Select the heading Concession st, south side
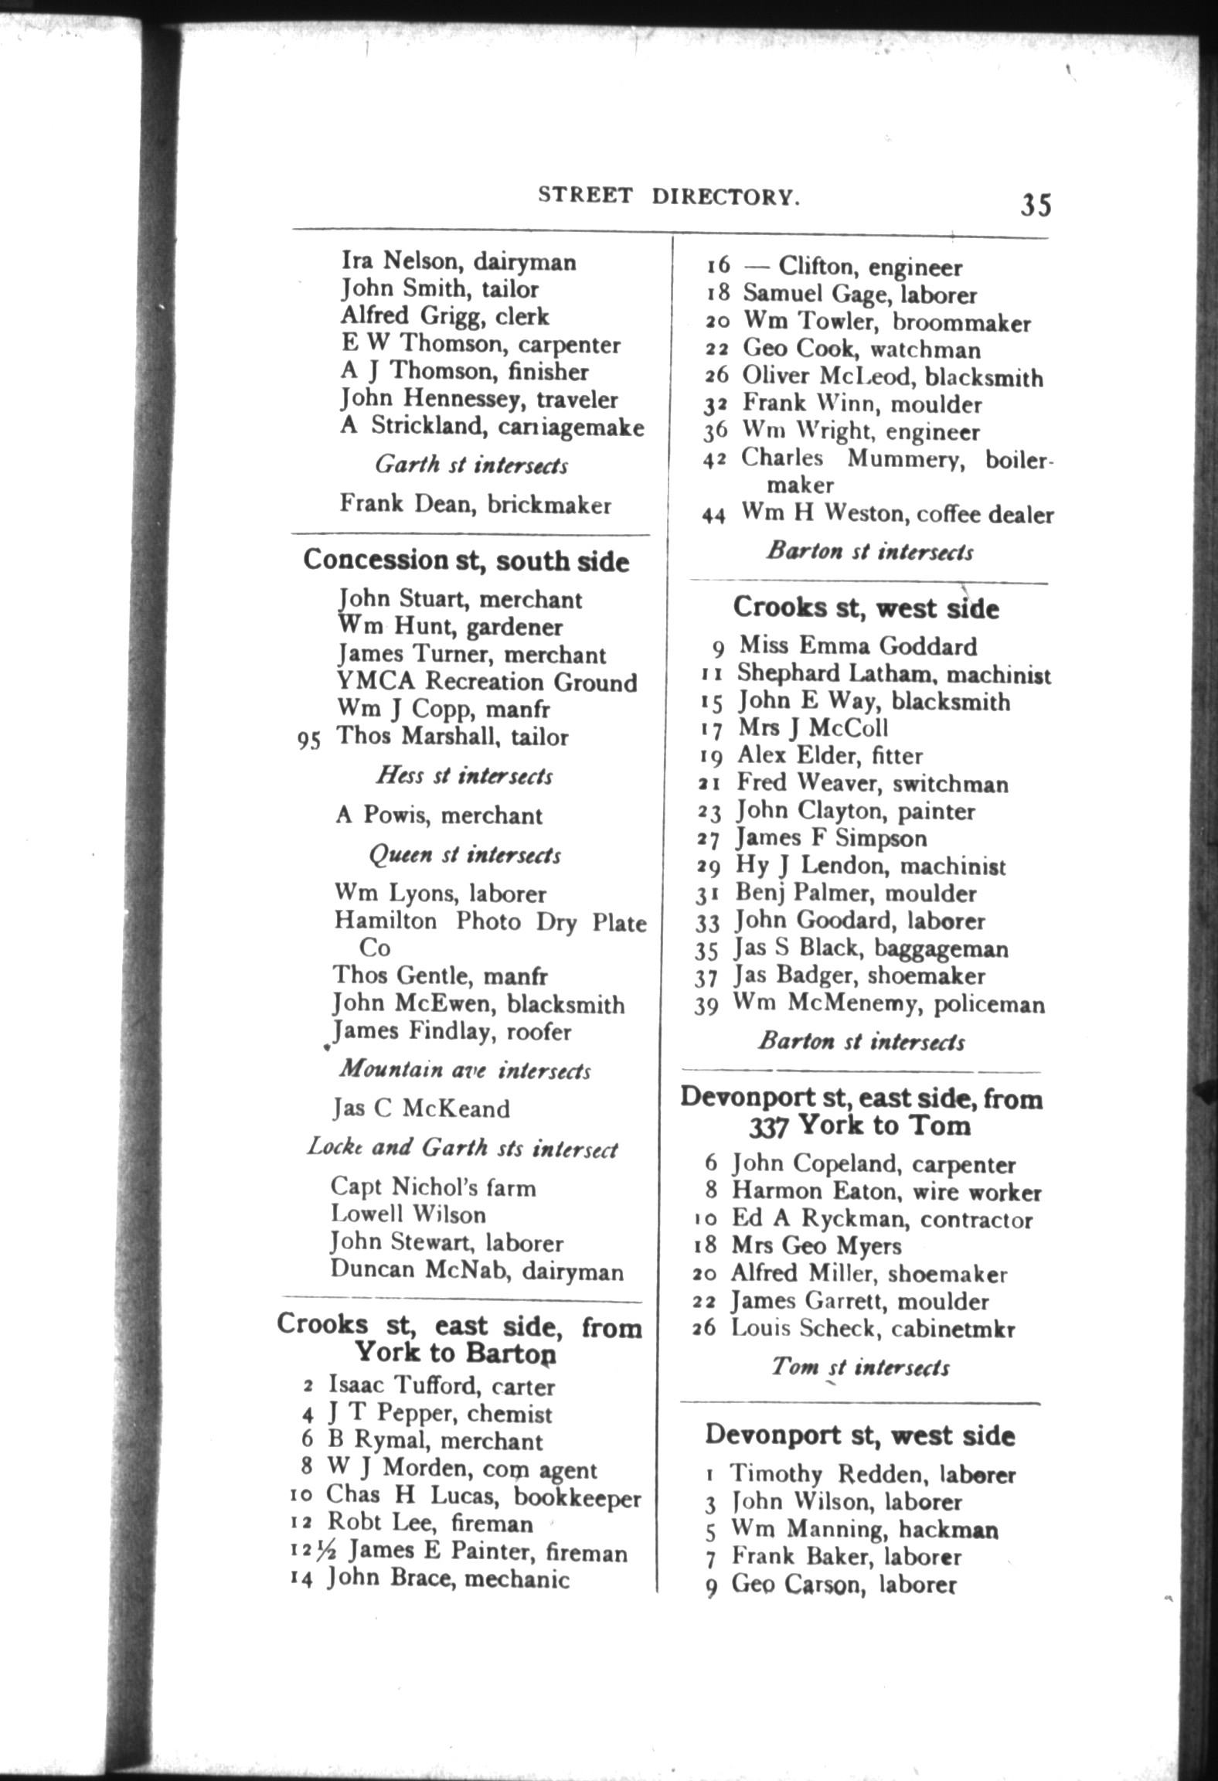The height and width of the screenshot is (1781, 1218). point(466,560)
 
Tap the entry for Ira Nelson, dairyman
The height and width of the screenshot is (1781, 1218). point(459,262)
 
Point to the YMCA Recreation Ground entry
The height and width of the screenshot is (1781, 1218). point(487,683)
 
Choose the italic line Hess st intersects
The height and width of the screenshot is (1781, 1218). point(464,775)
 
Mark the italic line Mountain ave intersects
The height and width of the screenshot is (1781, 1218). point(464,1070)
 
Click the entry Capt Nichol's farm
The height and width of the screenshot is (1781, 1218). point(433,1187)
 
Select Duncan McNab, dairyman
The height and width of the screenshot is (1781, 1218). point(476,1271)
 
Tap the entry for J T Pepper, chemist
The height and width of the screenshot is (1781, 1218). point(440,1414)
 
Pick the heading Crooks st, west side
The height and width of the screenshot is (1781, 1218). point(866,608)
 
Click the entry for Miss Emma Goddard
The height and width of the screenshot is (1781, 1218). point(858,645)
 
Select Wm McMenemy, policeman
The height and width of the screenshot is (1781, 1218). point(889,1004)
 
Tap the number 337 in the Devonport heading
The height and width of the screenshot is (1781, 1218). point(768,1126)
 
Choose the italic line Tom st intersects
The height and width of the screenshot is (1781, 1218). point(860,1367)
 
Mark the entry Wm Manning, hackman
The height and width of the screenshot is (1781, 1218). point(864,1529)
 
